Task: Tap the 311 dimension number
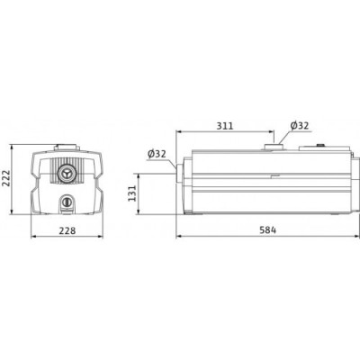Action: [228, 125]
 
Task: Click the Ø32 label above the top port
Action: [301, 126]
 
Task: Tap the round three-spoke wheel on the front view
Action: [68, 173]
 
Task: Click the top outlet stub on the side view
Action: [272, 143]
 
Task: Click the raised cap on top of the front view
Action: [68, 145]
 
